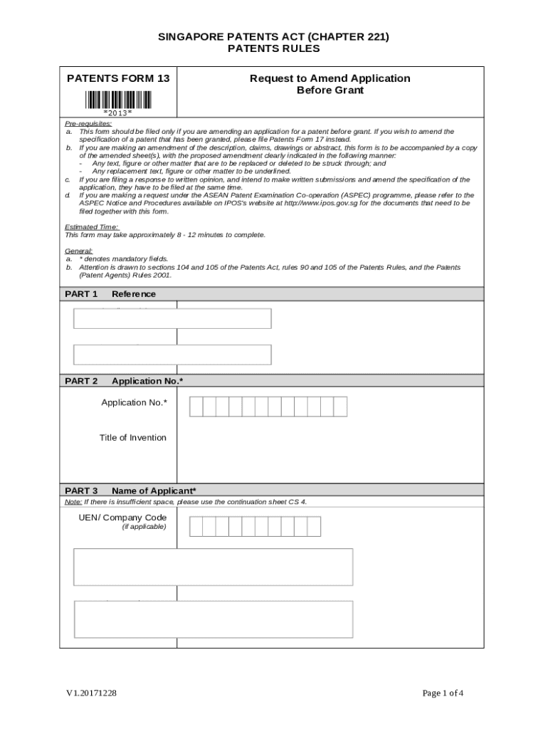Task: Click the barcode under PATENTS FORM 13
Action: click(x=117, y=99)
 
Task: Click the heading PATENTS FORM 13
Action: click(x=118, y=78)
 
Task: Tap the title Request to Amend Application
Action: click(x=330, y=78)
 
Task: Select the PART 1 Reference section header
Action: click(x=110, y=294)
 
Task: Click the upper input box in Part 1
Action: click(x=172, y=318)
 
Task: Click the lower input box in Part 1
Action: click(x=172, y=355)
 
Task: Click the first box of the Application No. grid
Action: click(x=196, y=407)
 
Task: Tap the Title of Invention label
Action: click(x=133, y=438)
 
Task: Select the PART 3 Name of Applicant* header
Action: click(x=130, y=491)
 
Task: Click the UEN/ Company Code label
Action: click(x=123, y=518)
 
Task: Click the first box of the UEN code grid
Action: click(x=196, y=527)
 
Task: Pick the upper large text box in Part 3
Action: click(x=214, y=567)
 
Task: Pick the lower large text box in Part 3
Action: click(x=214, y=619)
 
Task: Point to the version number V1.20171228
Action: click(x=92, y=693)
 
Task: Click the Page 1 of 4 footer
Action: click(x=443, y=693)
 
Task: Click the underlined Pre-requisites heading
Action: click(x=88, y=124)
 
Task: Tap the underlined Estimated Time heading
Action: click(x=92, y=227)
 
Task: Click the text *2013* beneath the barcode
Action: click(x=117, y=112)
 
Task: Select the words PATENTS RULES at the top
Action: click(x=273, y=48)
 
